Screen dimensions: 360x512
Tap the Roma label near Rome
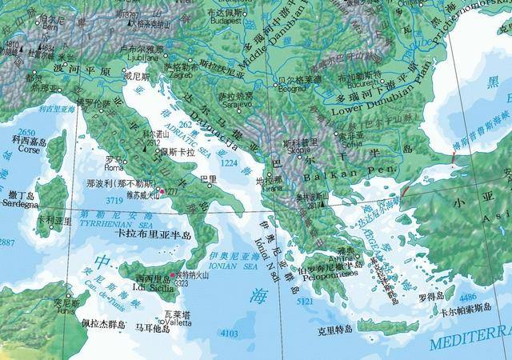[x=114, y=169]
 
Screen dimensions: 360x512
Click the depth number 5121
[x=306, y=302]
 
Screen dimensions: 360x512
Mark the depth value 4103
[x=229, y=334]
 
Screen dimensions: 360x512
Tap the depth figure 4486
[x=468, y=297]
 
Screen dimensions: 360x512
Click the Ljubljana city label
[x=143, y=57]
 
